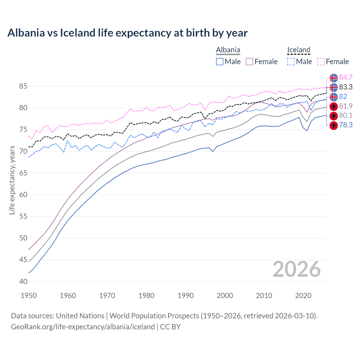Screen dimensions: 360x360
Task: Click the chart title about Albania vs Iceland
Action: pyautogui.click(x=127, y=33)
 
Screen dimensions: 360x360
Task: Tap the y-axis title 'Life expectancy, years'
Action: pyautogui.click(x=12, y=180)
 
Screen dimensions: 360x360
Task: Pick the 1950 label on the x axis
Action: pyautogui.click(x=29, y=296)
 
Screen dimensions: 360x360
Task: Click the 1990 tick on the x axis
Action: pyautogui.click(x=186, y=296)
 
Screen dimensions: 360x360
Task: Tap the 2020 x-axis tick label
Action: pyautogui.click(x=303, y=296)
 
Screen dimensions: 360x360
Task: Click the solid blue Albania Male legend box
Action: pyautogui.click(x=220, y=62)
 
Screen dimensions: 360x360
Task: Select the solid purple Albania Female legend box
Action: pyautogui.click(x=249, y=62)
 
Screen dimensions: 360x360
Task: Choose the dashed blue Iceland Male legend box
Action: pyautogui.click(x=291, y=62)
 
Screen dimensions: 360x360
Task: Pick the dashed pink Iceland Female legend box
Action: pyautogui.click(x=321, y=62)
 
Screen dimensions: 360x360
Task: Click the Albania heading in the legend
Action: pyautogui.click(x=228, y=50)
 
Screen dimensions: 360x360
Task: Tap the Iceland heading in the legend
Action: pyautogui.click(x=298, y=50)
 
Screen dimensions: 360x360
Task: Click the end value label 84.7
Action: pyautogui.click(x=346, y=78)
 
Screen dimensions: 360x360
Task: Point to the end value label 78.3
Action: pyautogui.click(x=346, y=125)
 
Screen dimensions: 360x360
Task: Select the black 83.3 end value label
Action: pyautogui.click(x=346, y=87)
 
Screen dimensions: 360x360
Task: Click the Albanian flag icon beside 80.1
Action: pyautogui.click(x=334, y=116)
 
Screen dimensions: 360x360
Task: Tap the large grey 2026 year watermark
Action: pyautogui.click(x=296, y=269)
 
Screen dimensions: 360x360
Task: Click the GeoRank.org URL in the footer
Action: pyautogui.click(x=83, y=327)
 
